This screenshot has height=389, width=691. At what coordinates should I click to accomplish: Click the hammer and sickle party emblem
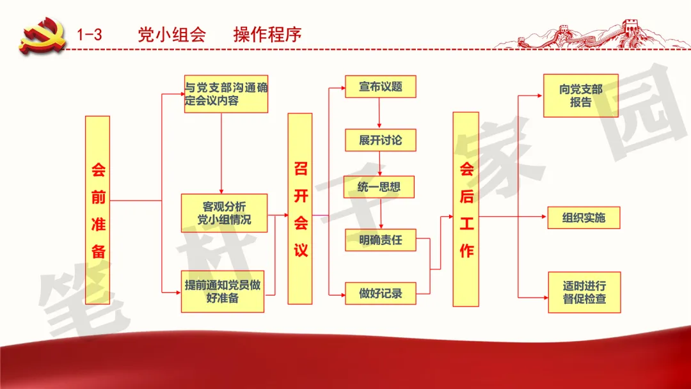[x=42, y=35]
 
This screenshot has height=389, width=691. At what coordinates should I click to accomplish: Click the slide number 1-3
[x=90, y=35]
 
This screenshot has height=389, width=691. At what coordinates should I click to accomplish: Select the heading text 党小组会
[x=172, y=35]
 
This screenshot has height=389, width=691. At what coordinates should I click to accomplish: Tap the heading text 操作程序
[x=267, y=35]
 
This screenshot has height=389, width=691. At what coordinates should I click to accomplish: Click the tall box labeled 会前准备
[x=97, y=210]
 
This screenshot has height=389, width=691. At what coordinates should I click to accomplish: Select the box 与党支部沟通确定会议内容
[x=226, y=94]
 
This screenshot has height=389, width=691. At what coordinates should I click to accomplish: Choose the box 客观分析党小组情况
[x=225, y=213]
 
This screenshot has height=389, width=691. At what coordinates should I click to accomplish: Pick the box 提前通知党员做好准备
[x=223, y=292]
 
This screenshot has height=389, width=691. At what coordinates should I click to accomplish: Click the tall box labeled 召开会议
[x=300, y=209]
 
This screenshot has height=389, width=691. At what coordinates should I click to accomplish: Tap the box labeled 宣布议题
[x=380, y=87]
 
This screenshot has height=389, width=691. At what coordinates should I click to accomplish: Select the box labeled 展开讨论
[x=380, y=140]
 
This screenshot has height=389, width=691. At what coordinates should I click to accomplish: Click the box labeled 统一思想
[x=379, y=187]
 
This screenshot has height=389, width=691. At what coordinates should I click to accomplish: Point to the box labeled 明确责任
[x=380, y=240]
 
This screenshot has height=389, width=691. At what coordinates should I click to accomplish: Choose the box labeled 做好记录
[x=380, y=294]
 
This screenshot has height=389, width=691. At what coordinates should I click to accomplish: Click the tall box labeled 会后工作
[x=466, y=209]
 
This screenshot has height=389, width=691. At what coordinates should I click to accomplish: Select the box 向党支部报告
[x=581, y=95]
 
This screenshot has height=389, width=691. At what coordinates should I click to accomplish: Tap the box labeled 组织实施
[x=584, y=218]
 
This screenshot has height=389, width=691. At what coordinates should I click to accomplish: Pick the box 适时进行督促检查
[x=584, y=292]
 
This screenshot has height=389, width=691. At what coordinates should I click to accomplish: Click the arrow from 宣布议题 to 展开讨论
[x=379, y=113]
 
